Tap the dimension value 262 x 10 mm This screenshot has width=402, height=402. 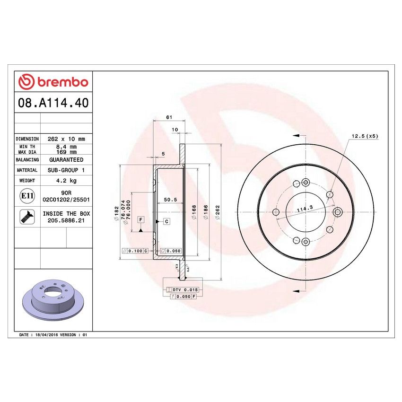point(66,139)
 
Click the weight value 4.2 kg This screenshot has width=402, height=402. point(66,181)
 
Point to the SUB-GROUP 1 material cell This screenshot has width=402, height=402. point(66,170)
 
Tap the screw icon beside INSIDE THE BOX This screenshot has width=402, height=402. point(26,217)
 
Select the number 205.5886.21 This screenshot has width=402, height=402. point(66,220)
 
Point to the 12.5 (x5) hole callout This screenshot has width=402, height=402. point(364,136)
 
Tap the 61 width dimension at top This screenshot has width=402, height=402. point(168,117)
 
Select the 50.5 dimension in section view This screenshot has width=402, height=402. point(170,200)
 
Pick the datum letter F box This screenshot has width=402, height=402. point(140,219)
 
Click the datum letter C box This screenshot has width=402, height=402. point(166,221)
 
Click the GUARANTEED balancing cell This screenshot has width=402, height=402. point(66,160)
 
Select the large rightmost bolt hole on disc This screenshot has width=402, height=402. point(337,211)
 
